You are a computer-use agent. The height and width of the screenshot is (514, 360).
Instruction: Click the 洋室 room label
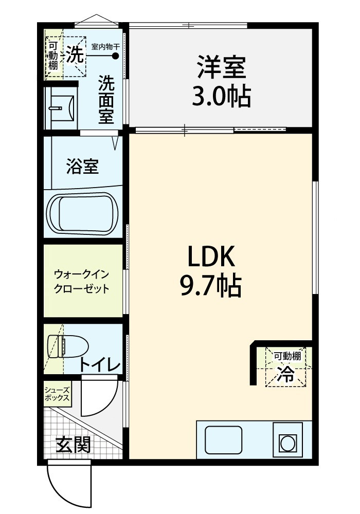[x=221, y=67]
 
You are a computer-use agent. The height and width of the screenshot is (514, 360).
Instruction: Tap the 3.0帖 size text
[x=221, y=96]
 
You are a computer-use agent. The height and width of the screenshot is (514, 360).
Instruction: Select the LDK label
[x=211, y=256]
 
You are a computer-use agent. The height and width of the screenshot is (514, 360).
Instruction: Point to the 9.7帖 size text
[x=211, y=285]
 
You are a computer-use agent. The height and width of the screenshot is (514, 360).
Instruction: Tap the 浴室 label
[x=82, y=166]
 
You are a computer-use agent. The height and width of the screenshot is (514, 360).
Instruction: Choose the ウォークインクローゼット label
[x=81, y=281]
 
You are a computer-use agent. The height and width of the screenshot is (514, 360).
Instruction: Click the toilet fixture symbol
[x=68, y=346]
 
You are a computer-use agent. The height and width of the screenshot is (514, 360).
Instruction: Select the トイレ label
[x=100, y=365]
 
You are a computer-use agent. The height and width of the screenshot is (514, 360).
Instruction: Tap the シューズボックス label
[x=57, y=394]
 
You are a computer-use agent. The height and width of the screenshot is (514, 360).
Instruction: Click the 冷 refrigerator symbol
[x=285, y=374]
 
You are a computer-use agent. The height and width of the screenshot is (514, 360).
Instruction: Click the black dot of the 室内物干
[x=115, y=56]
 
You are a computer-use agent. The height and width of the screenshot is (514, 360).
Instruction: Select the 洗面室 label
[x=106, y=99]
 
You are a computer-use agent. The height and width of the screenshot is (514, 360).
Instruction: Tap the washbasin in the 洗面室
[x=62, y=108]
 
